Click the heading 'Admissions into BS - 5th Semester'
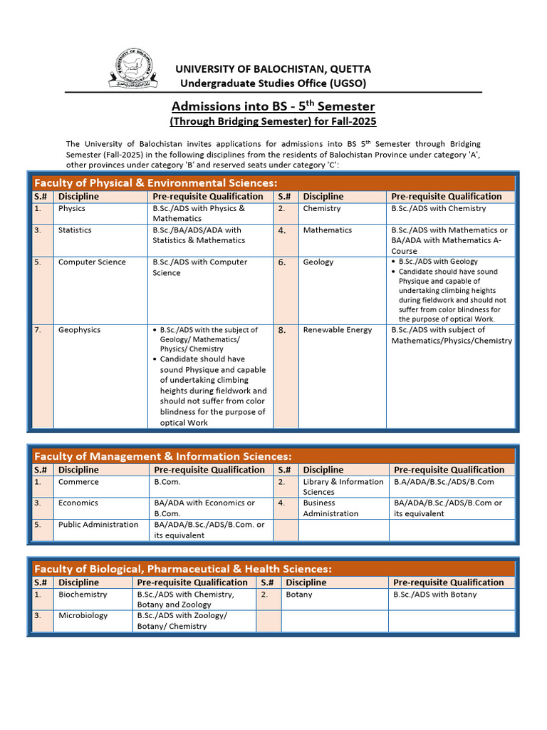tap(274, 106)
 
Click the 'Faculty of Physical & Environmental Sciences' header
tap(156, 183)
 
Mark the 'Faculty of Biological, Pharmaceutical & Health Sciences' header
tap(183, 569)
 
